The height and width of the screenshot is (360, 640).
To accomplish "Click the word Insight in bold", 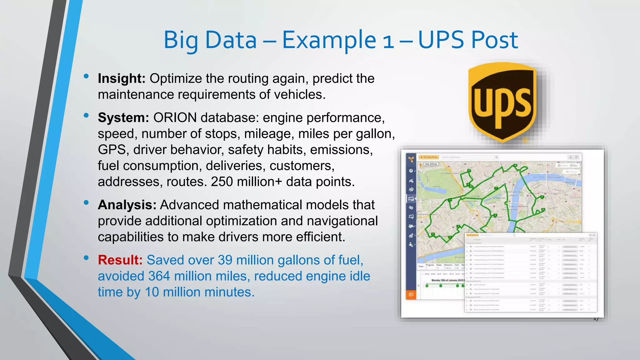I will [x=121, y=78].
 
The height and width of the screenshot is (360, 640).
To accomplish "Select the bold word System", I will [x=123, y=118].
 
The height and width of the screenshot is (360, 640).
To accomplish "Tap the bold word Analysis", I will [x=127, y=205].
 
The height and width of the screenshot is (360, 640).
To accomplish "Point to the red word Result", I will [x=120, y=260].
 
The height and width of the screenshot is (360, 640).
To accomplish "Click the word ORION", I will [x=175, y=118].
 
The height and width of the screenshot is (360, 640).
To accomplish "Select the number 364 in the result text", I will [x=159, y=276].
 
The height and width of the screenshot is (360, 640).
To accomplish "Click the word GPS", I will [x=112, y=150].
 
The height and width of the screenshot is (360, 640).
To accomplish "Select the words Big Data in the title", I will [x=210, y=40].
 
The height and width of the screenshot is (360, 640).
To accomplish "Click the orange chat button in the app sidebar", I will [x=411, y=295].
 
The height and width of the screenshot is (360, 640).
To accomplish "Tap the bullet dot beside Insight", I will [x=86, y=76].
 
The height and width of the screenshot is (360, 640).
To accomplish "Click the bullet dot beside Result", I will [x=86, y=258].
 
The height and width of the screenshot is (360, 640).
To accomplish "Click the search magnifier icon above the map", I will [x=496, y=157].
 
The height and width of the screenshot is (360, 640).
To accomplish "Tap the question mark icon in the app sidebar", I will [x=411, y=171].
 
